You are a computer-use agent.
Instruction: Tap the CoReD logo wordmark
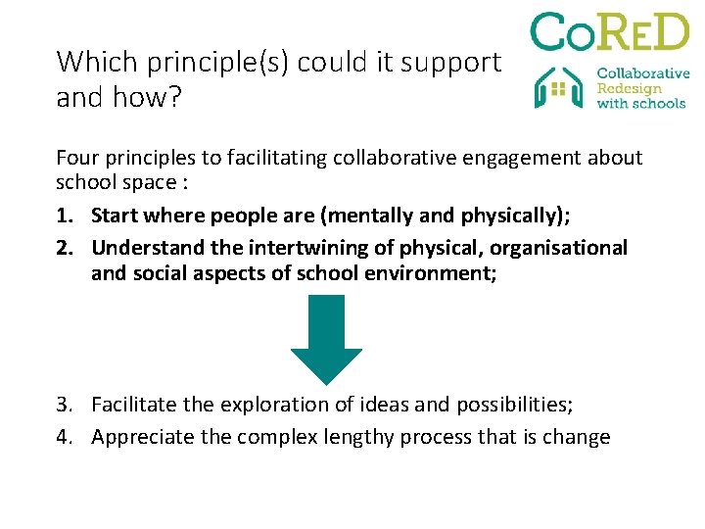[x=609, y=32]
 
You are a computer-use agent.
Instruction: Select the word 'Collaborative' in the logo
[x=643, y=72]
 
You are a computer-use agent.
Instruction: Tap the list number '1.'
[x=67, y=216]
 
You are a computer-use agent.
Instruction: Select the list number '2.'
[x=67, y=248]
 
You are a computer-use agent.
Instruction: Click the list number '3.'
[x=67, y=405]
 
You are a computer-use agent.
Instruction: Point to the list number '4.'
[x=67, y=437]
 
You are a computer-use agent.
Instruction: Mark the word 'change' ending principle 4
[x=575, y=437]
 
